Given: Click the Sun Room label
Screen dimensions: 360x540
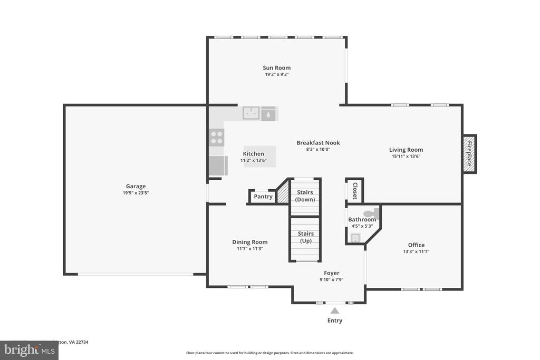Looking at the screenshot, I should tap(276, 67).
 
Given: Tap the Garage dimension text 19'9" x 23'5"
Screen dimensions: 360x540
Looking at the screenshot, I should tap(136, 193).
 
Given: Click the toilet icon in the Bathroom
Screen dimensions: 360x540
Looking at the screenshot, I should tap(372, 213).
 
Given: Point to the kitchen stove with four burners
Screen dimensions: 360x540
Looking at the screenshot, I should tap(217, 137).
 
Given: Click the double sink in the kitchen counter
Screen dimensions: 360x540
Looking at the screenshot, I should tap(251, 113).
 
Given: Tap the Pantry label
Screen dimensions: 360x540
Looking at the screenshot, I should tap(263, 197).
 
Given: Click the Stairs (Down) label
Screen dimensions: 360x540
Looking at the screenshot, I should tap(305, 196).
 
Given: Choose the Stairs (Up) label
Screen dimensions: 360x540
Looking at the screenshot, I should tap(305, 237).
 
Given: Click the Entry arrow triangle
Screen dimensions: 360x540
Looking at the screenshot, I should tap(335, 310).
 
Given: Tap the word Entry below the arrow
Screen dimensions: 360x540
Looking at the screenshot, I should tap(335, 320).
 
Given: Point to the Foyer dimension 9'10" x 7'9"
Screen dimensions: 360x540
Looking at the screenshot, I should tap(331, 280).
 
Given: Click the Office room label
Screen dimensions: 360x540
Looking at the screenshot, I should tap(416, 245).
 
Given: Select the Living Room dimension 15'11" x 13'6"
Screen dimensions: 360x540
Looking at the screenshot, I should tap(406, 156).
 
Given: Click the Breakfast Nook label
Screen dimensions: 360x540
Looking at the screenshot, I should tap(318, 142).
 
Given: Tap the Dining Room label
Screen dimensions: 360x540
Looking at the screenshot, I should tap(250, 242).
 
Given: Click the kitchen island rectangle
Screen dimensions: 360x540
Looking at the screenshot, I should tap(259, 157).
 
